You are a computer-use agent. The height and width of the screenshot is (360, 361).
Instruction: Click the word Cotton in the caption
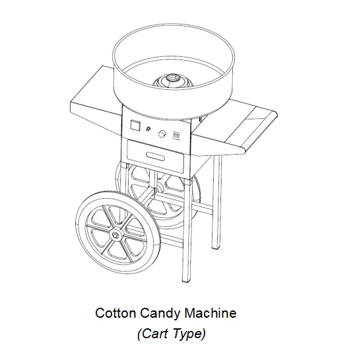115,313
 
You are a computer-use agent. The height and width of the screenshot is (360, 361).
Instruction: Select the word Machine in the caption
211,313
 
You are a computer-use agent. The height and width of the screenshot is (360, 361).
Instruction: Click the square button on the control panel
135,125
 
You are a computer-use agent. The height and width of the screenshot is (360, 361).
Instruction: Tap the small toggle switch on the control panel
148,129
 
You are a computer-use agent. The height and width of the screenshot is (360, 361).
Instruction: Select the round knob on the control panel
162,133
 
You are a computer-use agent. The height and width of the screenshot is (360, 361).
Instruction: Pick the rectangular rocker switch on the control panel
177,136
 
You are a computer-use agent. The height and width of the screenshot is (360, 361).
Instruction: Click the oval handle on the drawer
155,156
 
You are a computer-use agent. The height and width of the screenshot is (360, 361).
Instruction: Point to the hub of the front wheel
115,235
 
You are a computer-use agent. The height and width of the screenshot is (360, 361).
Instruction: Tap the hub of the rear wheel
158,190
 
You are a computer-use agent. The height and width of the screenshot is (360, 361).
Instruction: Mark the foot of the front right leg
187,279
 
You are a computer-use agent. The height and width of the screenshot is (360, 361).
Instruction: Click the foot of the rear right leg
216,246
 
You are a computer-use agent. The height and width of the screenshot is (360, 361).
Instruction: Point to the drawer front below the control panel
155,157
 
